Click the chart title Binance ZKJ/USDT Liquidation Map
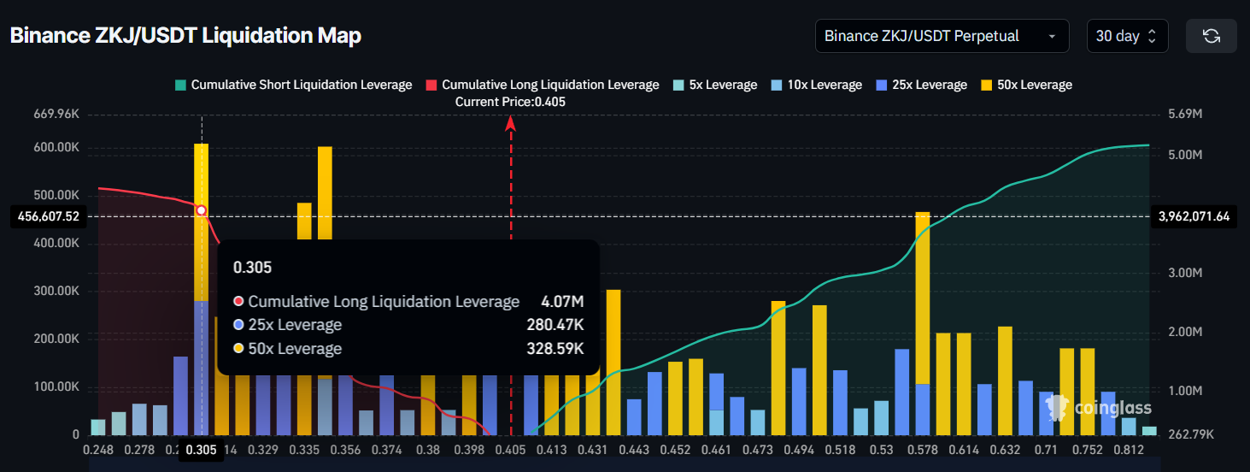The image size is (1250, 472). point(185,36)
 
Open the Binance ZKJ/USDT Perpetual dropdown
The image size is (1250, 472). point(942,36)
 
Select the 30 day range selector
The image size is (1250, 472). point(1126,36)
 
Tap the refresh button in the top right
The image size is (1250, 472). point(1211,36)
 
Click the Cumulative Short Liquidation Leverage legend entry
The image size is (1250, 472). point(292,85)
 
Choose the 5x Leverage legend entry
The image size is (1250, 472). point(714,85)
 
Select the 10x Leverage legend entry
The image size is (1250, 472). point(817,85)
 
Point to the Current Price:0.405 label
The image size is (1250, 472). point(510,102)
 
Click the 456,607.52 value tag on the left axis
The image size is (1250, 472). point(49,217)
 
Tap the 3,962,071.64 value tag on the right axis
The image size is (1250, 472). point(1194,217)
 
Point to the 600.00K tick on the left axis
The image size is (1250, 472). point(56,148)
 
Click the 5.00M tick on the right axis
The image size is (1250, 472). point(1185,156)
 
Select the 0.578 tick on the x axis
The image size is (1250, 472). point(922,449)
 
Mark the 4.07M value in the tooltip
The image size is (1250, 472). point(562,302)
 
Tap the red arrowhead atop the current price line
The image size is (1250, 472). point(511,123)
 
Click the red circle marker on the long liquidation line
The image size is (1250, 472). point(202,210)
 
